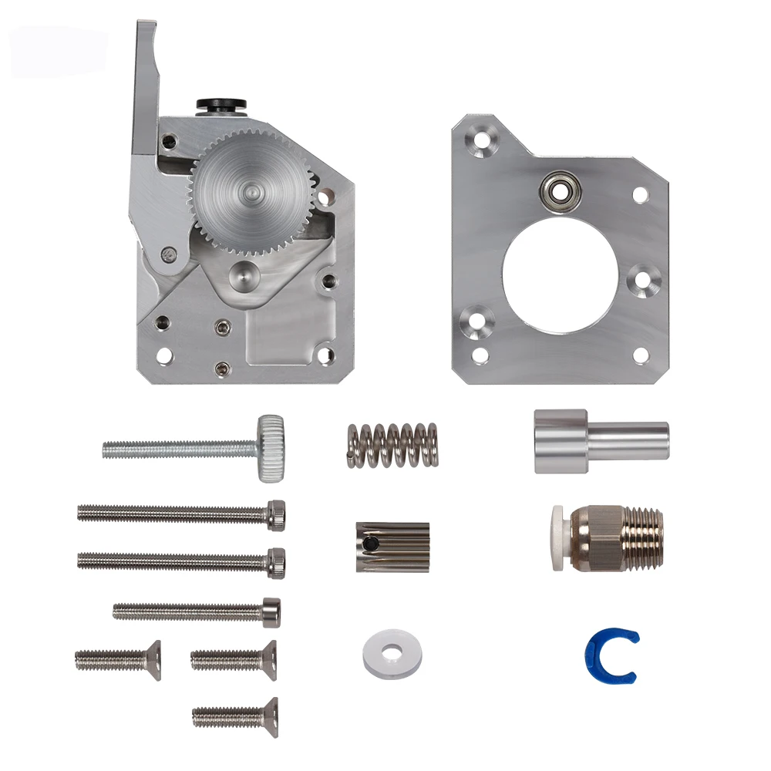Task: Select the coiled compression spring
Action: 391,445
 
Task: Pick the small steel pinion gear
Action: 392,547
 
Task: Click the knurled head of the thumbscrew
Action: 271,448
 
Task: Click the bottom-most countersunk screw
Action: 235,716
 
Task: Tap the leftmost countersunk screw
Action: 117,659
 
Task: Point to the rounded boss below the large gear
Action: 245,274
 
